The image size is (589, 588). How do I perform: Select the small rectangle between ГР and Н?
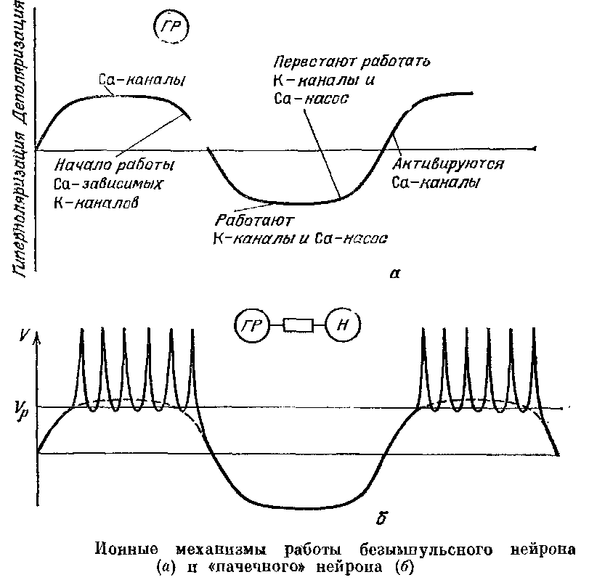(x=298, y=327)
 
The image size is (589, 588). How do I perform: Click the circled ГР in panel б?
(x=251, y=327)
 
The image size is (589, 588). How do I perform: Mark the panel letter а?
(x=394, y=274)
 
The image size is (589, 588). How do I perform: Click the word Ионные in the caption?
(x=122, y=547)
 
